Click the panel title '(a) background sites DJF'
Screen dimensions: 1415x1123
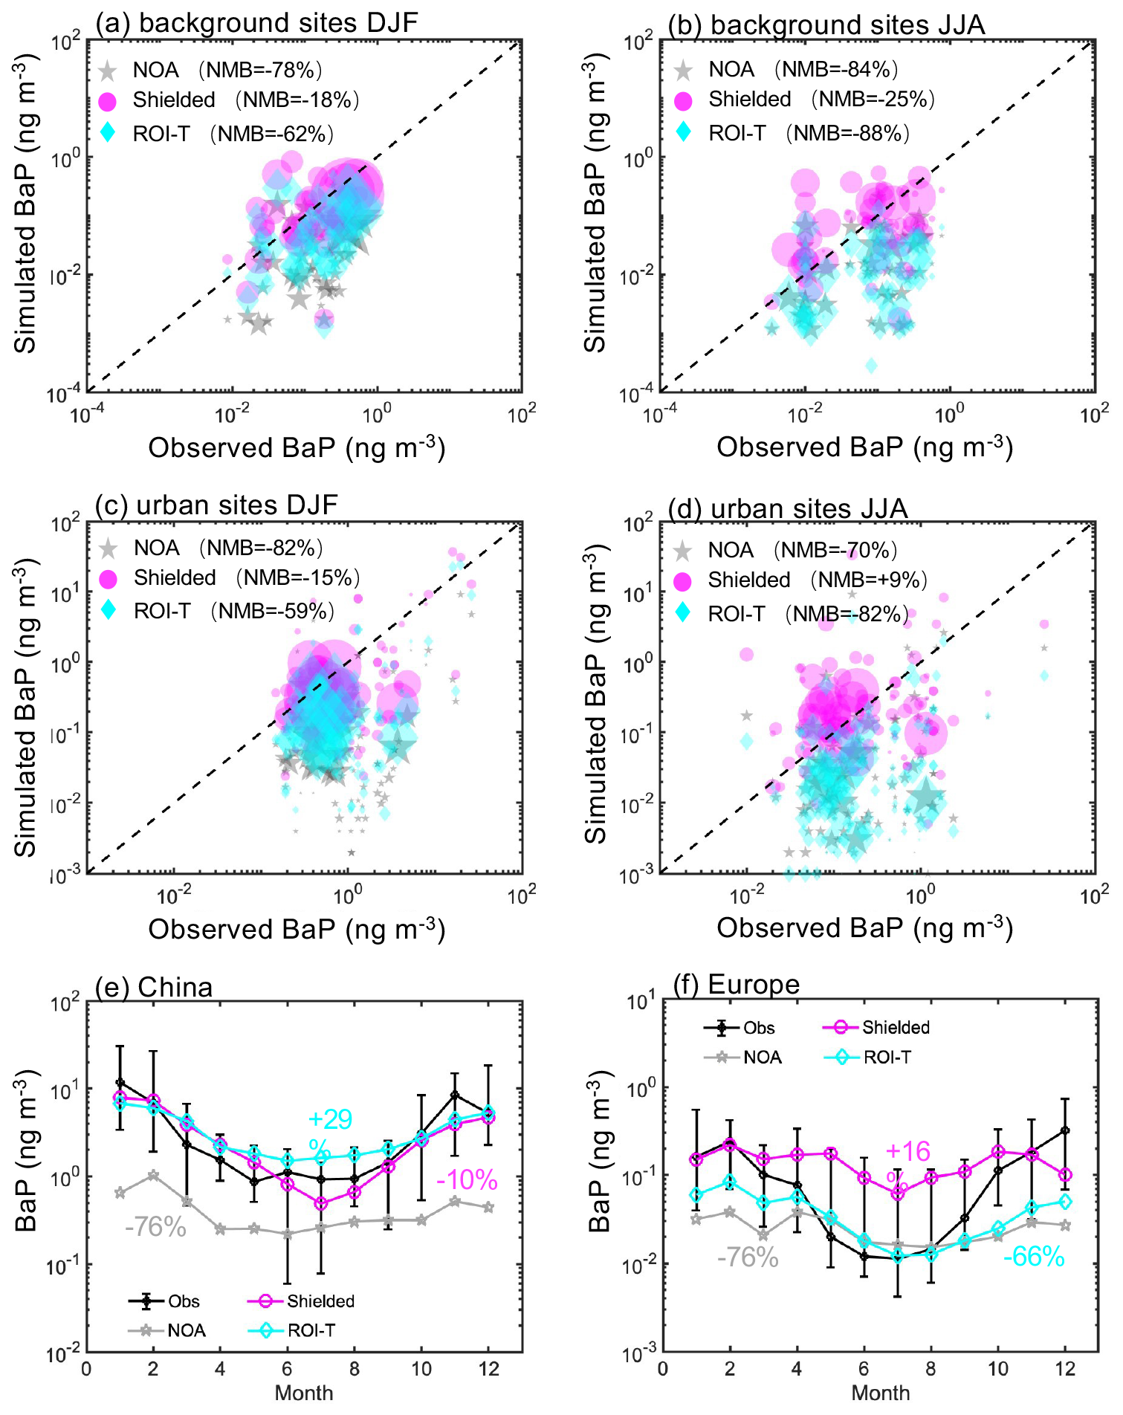click(256, 23)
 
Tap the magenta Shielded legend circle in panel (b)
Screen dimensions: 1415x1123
click(683, 100)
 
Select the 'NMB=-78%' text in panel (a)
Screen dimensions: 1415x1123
click(260, 70)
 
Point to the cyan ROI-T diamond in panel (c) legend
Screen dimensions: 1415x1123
click(109, 610)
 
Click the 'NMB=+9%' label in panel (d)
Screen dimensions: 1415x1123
click(868, 580)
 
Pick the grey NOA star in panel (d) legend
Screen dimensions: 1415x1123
click(682, 551)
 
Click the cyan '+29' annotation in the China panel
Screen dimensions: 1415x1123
click(330, 1119)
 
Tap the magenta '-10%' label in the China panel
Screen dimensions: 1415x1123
click(467, 1180)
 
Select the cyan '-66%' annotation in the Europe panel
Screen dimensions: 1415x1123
click(1034, 1257)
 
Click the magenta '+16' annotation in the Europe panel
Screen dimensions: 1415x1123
click(907, 1152)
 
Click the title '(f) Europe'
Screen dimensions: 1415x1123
click(736, 985)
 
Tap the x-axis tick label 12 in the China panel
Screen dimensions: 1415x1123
click(488, 1369)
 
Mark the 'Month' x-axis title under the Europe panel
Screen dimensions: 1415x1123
click(880, 1393)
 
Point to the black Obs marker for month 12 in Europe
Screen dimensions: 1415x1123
click(1065, 1130)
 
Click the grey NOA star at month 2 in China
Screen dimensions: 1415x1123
click(153, 1175)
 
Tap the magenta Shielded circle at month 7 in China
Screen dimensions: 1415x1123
click(320, 1203)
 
